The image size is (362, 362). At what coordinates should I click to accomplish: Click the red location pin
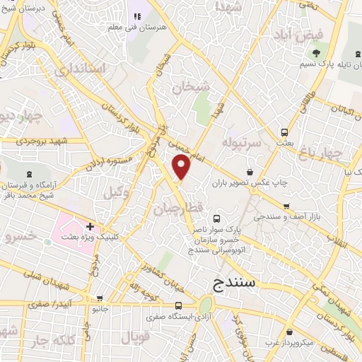point(182,168)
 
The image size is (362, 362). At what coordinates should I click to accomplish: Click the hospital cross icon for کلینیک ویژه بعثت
point(90,226)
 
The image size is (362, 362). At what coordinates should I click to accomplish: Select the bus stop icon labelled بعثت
point(284,132)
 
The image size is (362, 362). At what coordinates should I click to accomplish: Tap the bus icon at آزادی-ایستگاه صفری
point(177,305)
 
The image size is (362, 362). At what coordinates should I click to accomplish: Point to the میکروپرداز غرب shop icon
point(289,332)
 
